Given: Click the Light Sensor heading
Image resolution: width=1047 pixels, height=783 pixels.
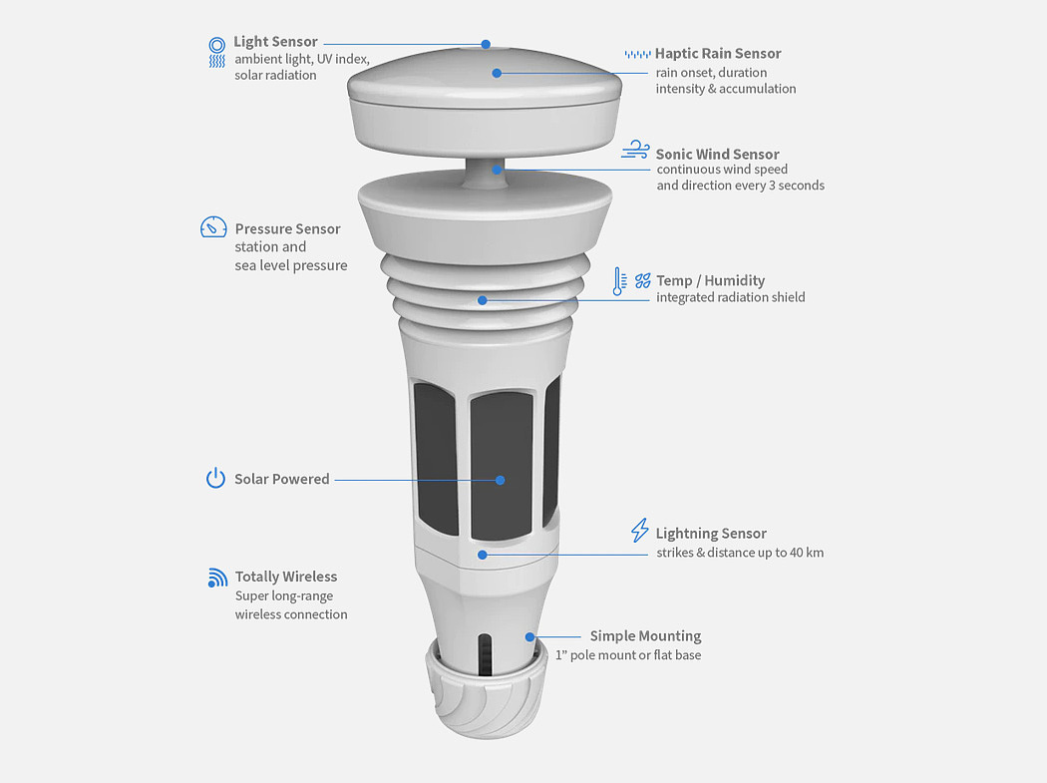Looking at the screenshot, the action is click(275, 42).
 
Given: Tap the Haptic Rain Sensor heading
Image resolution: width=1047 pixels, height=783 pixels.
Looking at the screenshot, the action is click(718, 54).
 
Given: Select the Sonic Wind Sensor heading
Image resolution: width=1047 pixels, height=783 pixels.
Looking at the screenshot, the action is click(717, 155).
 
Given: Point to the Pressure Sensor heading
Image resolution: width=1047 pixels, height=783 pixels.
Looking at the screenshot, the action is click(287, 229).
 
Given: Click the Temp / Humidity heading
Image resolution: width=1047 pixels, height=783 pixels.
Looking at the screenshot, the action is click(710, 281).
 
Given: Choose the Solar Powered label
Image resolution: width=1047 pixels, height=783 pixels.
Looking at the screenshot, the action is click(281, 480).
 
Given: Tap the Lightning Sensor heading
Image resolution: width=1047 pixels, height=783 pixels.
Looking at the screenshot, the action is click(711, 534).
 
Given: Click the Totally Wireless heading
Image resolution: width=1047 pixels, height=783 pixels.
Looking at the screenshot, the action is click(286, 577).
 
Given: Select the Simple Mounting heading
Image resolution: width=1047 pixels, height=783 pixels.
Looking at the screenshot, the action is click(645, 636).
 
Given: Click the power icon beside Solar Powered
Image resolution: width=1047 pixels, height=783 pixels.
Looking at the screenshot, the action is click(215, 479).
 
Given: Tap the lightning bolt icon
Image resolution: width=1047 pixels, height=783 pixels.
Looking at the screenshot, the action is click(639, 531).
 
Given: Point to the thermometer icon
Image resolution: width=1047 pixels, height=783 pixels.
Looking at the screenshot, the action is click(619, 281).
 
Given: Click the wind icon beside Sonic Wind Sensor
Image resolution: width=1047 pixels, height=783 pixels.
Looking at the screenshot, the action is click(635, 151).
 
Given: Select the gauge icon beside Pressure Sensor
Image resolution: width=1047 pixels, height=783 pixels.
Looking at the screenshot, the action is click(213, 227).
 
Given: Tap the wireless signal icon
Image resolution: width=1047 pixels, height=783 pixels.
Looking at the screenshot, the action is click(217, 578).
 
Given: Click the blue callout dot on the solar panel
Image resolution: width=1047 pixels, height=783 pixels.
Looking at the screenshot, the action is click(500, 480).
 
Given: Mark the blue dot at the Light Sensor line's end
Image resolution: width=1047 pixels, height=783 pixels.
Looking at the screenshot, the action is click(486, 44).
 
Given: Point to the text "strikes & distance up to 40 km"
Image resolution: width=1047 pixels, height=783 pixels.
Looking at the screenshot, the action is click(739, 553).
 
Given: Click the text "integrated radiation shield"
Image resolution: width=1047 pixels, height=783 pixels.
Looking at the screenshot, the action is click(730, 297).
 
